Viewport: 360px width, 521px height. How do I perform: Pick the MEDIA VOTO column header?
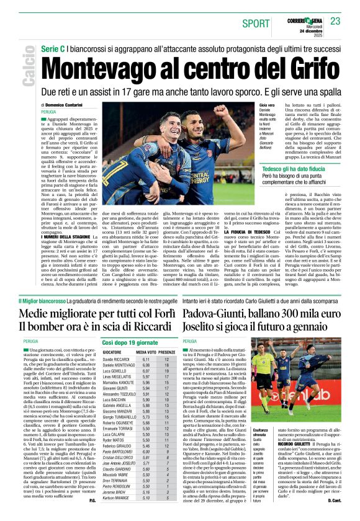(146, 351)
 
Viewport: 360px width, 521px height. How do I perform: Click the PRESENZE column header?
(166, 351)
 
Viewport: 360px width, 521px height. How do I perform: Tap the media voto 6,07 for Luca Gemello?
(146, 370)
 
